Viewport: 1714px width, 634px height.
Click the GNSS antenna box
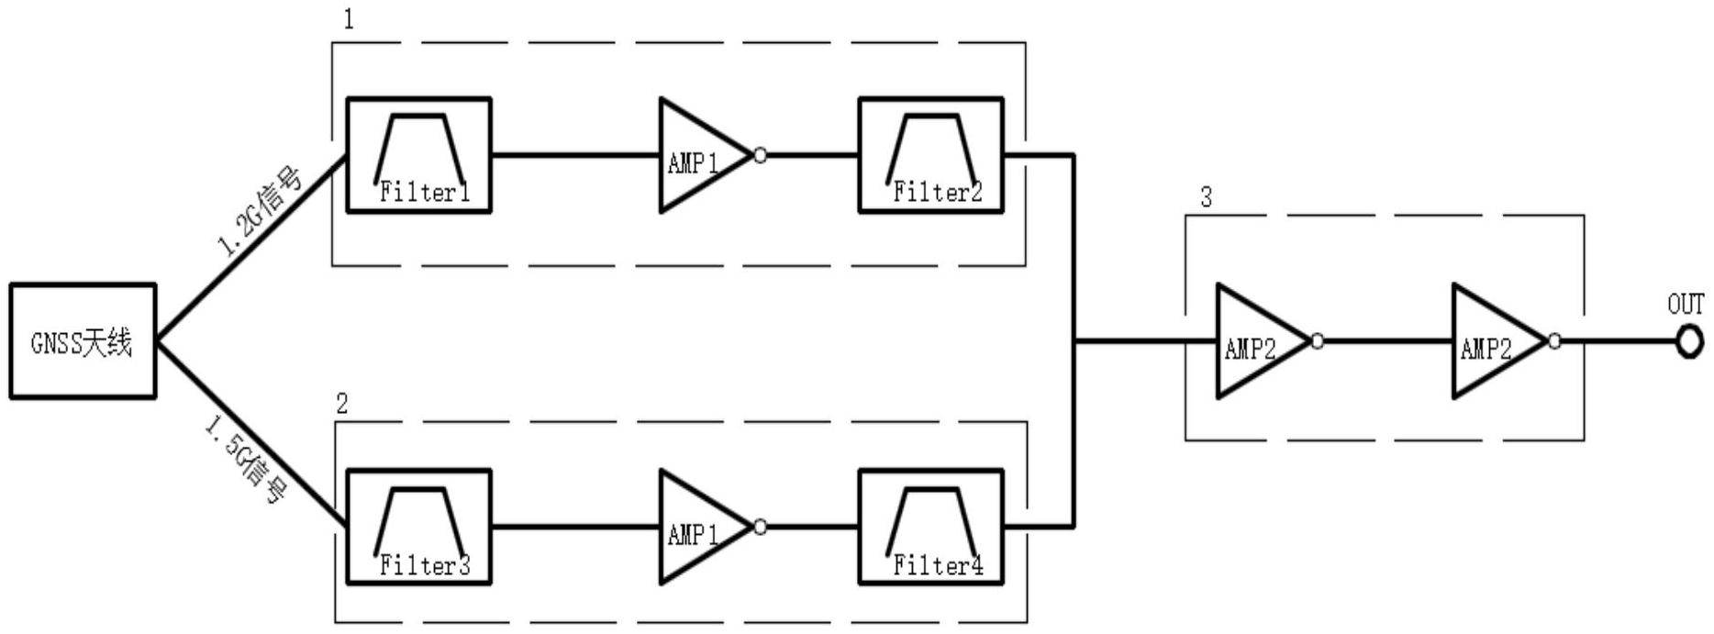tap(83, 341)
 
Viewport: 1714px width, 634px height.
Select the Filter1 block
tap(418, 155)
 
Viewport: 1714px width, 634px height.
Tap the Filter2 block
tap(930, 155)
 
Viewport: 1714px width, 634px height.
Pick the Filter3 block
tap(418, 527)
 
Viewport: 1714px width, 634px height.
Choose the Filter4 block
tap(930, 527)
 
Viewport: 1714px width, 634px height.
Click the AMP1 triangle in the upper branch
tap(697, 156)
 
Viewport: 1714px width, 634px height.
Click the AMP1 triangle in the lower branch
tap(697, 528)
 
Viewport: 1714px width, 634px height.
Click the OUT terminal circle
tap(1687, 342)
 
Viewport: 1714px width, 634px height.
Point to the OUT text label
tap(1686, 305)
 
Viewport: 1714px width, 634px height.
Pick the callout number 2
tap(341, 404)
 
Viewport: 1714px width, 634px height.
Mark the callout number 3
tap(1206, 197)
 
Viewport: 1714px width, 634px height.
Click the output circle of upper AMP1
tap(760, 156)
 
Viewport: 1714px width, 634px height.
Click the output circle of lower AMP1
tap(760, 528)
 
